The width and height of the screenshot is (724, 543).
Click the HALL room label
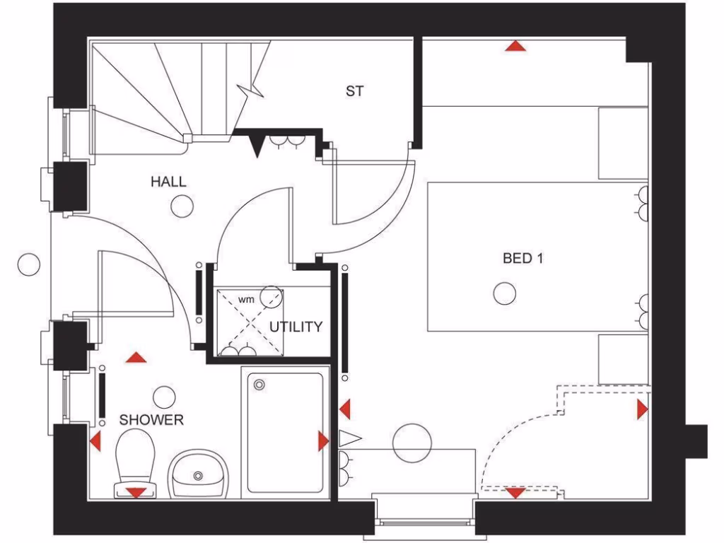click(168, 182)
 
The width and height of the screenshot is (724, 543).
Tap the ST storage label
click(355, 90)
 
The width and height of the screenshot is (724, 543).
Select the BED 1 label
click(522, 258)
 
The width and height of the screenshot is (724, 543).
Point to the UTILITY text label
click(296, 327)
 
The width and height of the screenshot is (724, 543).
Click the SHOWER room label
click(151, 420)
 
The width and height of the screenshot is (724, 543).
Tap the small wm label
click(245, 299)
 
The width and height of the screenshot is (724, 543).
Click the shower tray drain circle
click(259, 385)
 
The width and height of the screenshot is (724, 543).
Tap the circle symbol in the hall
click(182, 206)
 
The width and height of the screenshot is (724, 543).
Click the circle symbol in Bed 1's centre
click(504, 293)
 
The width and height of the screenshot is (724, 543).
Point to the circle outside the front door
click(29, 264)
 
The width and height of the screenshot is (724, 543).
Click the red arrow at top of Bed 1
click(516, 47)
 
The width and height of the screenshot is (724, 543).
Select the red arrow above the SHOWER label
click(135, 358)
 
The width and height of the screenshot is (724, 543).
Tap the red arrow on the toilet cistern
click(134, 492)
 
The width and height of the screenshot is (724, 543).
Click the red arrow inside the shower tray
click(323, 442)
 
